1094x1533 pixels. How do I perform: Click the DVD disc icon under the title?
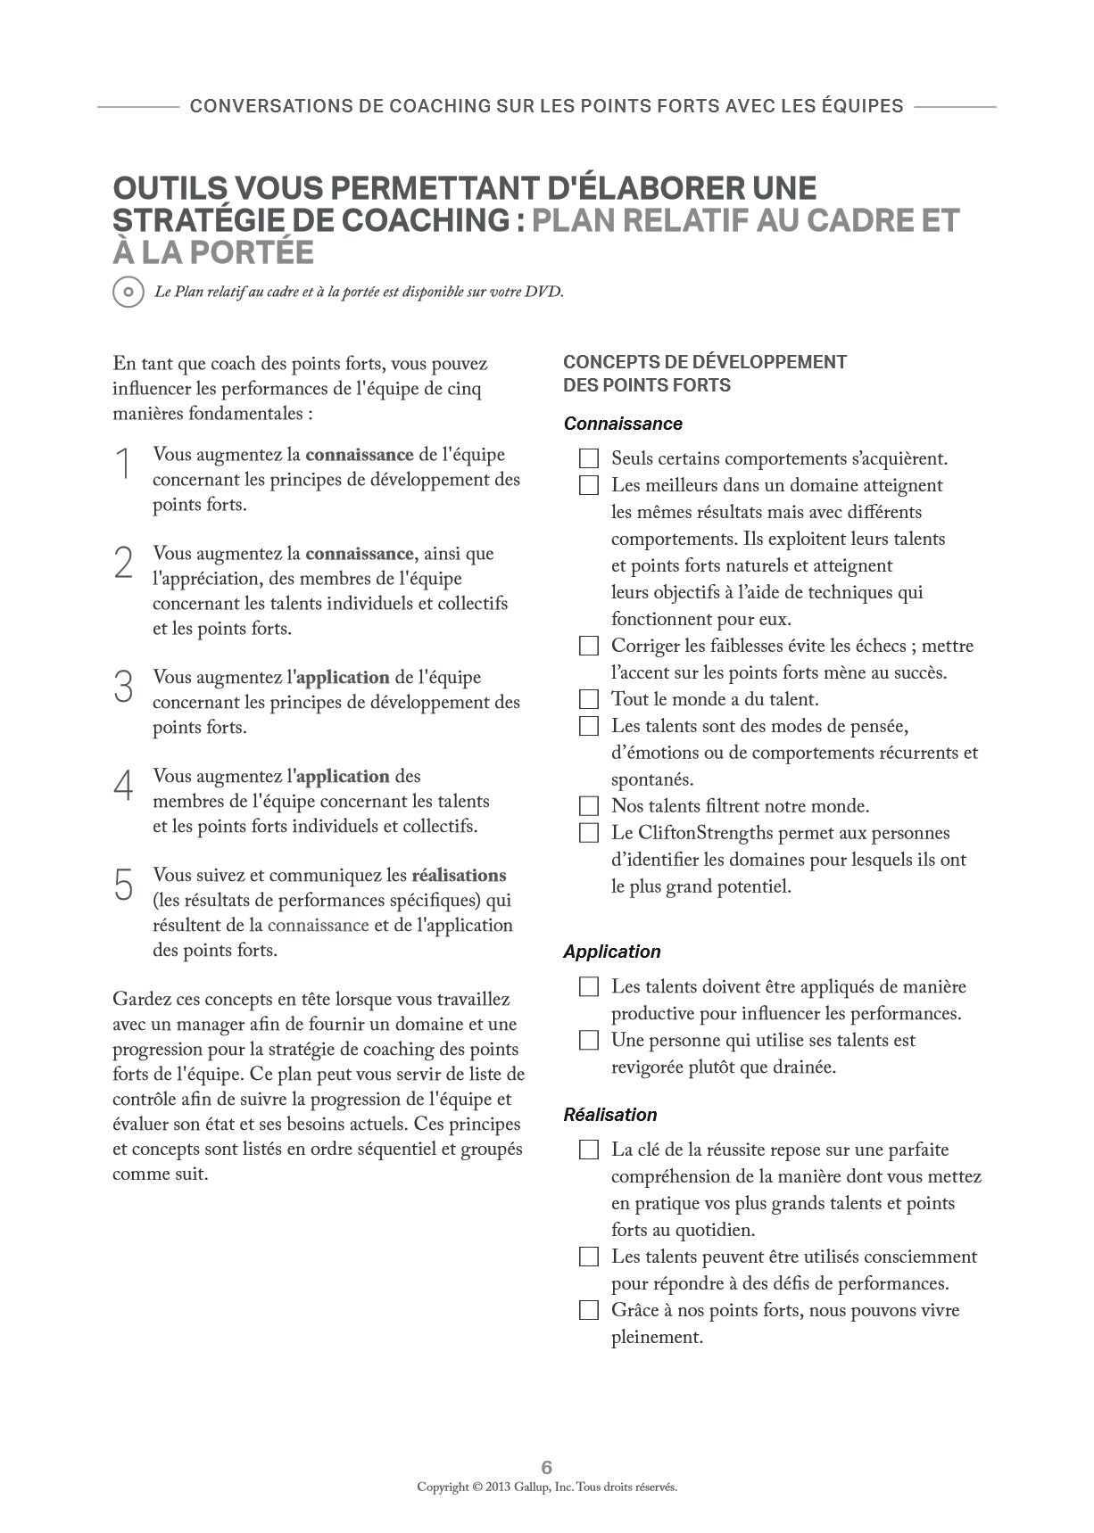128,292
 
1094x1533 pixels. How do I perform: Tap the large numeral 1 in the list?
124,465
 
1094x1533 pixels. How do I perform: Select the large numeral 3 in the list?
124,687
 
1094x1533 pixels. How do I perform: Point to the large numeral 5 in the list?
124,885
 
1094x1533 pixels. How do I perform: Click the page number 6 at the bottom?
547,1467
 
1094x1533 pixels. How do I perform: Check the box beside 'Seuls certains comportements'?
589,459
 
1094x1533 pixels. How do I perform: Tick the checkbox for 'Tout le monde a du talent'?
589,699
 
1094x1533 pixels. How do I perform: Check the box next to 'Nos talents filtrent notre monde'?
589,806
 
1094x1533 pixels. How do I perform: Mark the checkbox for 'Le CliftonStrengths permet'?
589,833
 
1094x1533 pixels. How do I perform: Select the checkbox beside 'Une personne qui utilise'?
589,1040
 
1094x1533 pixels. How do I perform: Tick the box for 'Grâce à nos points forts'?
589,1310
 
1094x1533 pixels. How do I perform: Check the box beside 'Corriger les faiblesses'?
589,646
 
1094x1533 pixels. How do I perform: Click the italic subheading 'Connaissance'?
623,424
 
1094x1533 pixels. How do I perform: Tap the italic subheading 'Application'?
612,952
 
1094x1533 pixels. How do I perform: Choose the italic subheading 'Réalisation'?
610,1115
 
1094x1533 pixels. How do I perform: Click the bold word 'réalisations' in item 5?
459,875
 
